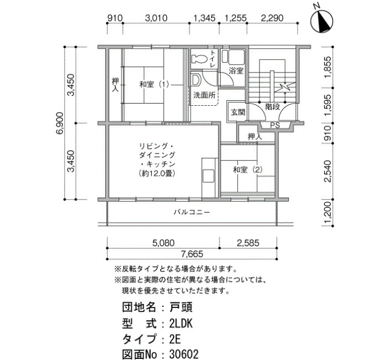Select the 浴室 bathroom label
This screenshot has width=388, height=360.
pos(236,71)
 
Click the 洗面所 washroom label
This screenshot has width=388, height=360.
pos(204,95)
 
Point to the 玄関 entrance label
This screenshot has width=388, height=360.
pos(238,112)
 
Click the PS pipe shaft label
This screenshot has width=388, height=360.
pos(275,125)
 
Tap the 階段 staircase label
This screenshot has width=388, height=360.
pos(273,107)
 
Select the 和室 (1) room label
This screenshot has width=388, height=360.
pos(154,85)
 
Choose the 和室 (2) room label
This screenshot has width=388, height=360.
pos(248,170)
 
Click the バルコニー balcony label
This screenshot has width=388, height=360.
pos(192,212)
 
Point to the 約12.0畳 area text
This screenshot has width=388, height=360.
pos(157,173)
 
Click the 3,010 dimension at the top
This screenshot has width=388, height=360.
pos(156,18)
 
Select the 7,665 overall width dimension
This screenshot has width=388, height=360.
pos(192,254)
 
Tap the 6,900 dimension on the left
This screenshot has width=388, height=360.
pos(60,123)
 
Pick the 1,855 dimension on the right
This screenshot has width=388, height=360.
pos(328,67)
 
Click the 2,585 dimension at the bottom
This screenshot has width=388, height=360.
pos(248,243)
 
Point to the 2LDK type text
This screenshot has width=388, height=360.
pos(181,323)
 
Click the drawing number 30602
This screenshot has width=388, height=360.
pos(184,354)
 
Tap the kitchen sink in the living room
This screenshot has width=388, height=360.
pos(208,176)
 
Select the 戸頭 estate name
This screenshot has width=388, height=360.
pos(181,307)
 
